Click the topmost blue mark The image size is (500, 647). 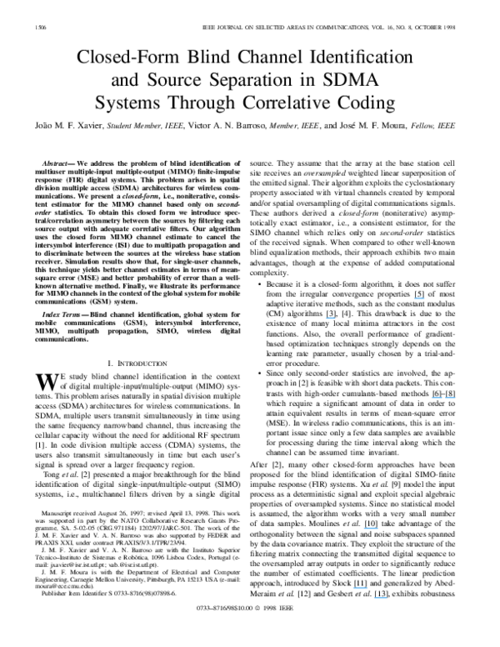click(x=419, y=298)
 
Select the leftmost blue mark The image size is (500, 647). click(x=331, y=318)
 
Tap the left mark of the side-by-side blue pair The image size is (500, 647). click(x=436, y=398)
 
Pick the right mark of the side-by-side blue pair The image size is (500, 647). click(x=451, y=398)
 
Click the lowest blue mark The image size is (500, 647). click(x=380, y=598)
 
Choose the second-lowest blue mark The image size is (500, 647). click(x=360, y=588)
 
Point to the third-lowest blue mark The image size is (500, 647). click(x=371, y=528)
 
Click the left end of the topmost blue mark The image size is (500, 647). click(x=414, y=298)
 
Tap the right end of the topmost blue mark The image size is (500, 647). click(x=425, y=298)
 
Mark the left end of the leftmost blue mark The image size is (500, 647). click(x=326, y=318)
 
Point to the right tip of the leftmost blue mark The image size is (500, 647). click(x=336, y=318)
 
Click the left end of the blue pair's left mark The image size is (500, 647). click(x=431, y=398)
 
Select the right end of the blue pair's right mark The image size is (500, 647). click(x=457, y=398)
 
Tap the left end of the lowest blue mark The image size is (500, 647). click(x=373, y=598)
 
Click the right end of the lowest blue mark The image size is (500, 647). click(x=387, y=598)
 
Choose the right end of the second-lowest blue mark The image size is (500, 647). click(x=368, y=588)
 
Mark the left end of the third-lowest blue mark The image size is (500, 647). click(x=363, y=528)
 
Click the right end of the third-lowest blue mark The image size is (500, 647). click(x=379, y=528)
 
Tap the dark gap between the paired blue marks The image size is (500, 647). click(x=443, y=398)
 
